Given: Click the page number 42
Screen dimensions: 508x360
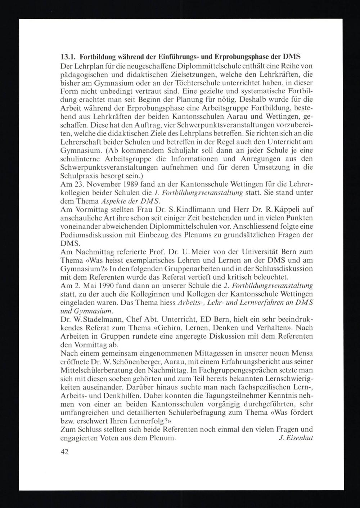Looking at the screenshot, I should pyautogui.click(x=65, y=452).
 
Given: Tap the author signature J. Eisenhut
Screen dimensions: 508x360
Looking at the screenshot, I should pyautogui.click(x=296, y=438).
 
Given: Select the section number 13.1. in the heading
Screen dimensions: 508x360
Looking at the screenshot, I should pyautogui.click(x=67, y=57).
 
